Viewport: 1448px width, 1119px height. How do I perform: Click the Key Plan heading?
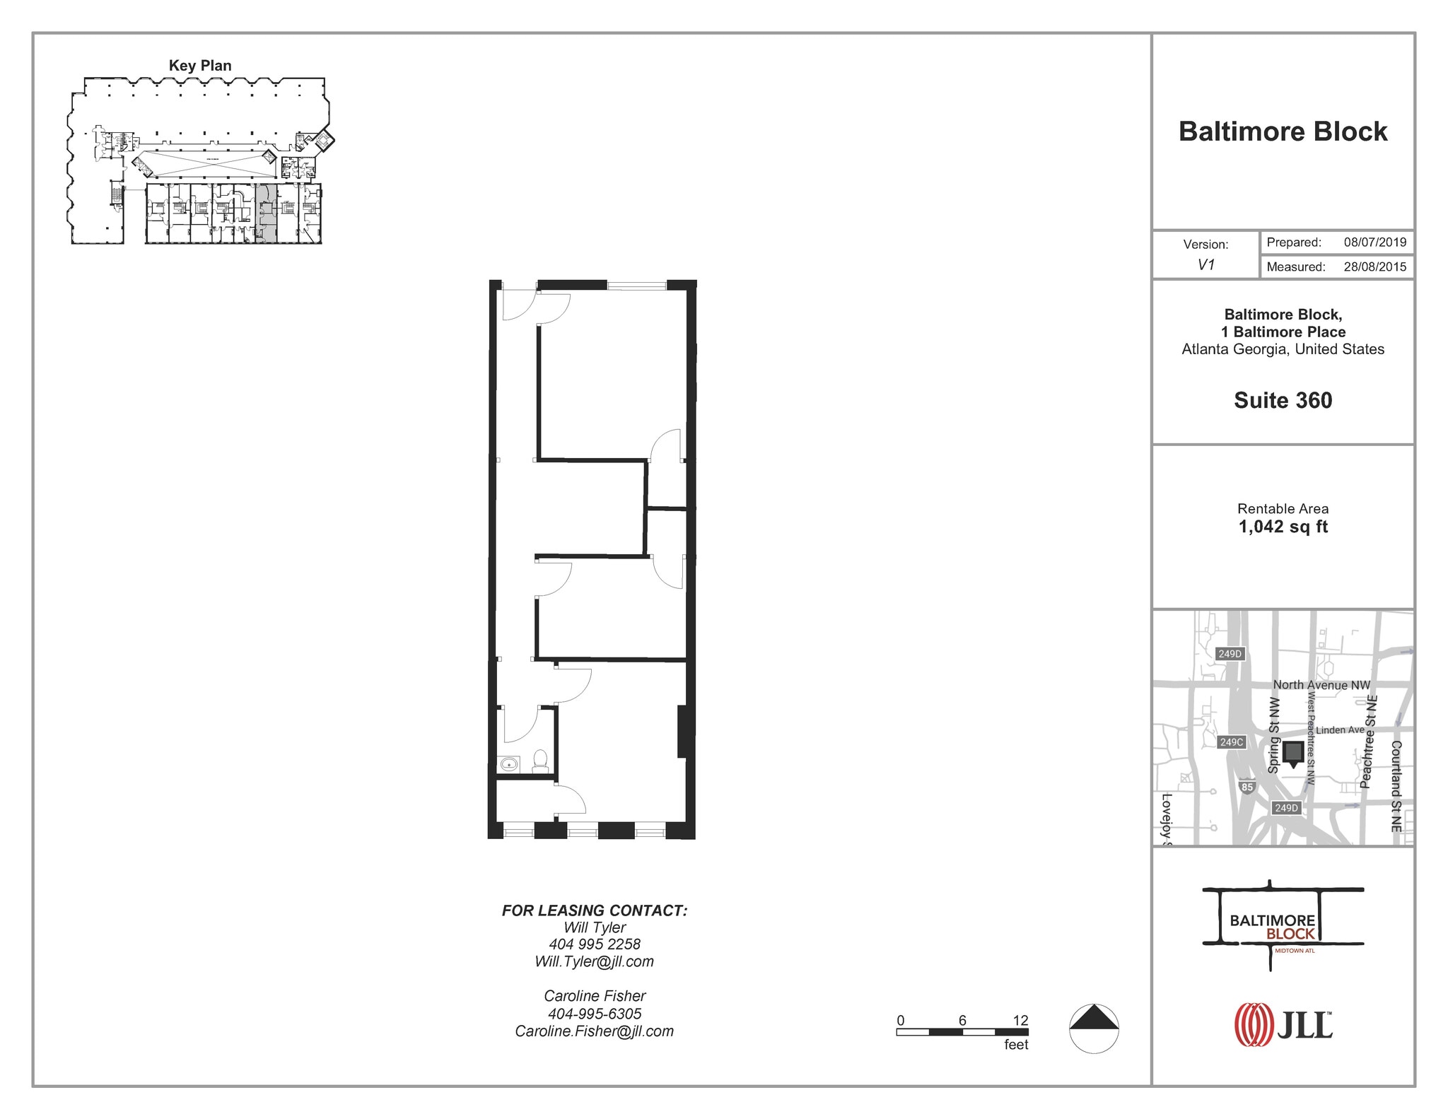tap(200, 66)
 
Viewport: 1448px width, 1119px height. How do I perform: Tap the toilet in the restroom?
tap(540, 761)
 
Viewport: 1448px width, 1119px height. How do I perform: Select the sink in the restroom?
tap(509, 764)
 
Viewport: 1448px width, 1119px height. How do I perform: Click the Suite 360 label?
tap(1283, 401)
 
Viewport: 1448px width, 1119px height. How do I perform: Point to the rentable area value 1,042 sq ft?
tap(1283, 527)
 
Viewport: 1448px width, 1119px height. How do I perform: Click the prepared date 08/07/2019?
tap(1374, 242)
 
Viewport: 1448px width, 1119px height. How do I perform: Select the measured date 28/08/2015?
tap(1374, 267)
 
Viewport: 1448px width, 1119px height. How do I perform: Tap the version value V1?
tap(1205, 265)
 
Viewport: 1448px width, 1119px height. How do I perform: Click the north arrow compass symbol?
tap(1094, 1028)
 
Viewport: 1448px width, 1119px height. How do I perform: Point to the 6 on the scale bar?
tap(962, 1020)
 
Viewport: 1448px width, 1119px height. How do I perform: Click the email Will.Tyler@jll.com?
tap(594, 961)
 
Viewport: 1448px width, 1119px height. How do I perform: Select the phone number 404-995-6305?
tap(594, 1014)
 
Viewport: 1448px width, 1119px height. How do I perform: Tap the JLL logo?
tap(1283, 1024)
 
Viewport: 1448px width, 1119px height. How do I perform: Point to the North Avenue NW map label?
tap(1321, 685)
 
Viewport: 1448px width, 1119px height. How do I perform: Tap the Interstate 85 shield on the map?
tap(1247, 787)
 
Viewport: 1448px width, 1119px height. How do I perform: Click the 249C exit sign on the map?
tap(1231, 742)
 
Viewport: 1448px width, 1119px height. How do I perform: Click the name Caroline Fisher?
tap(594, 996)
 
